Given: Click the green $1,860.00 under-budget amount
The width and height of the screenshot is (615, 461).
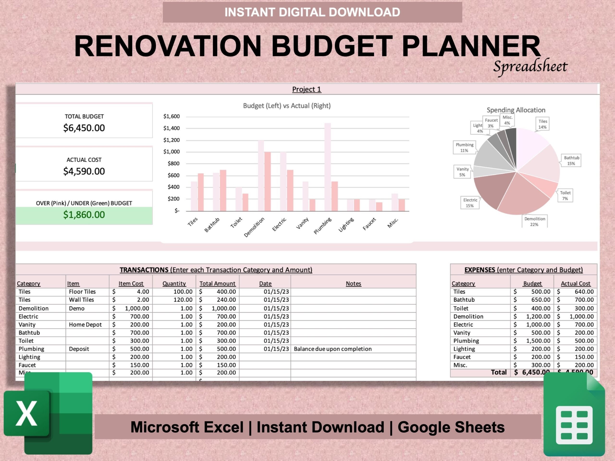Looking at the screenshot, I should [84, 215].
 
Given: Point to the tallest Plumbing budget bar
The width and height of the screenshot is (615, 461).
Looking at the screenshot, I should [327, 167].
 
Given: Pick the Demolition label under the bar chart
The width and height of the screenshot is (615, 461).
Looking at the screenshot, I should [254, 227].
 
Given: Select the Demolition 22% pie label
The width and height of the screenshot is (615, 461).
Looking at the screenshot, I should [534, 221].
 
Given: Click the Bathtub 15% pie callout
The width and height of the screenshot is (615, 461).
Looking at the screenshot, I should [571, 161].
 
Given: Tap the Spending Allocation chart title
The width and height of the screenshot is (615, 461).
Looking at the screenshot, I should [516, 110].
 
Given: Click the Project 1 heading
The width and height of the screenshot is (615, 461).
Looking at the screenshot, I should [306, 90].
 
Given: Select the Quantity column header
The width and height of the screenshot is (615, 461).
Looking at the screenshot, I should [174, 283].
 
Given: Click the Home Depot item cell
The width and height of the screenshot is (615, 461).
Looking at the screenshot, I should [85, 325].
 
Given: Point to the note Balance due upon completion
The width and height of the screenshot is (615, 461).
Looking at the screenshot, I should [332, 349].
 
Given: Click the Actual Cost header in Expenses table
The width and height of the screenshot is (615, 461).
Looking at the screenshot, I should [575, 283].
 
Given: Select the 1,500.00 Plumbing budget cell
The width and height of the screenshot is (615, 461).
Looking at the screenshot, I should [538, 341].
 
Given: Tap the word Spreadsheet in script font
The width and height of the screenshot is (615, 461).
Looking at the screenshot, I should [530, 67].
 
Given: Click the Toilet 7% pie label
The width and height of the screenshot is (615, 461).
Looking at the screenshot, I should [565, 196].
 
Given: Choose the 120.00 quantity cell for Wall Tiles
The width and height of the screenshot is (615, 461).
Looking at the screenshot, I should [183, 300].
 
